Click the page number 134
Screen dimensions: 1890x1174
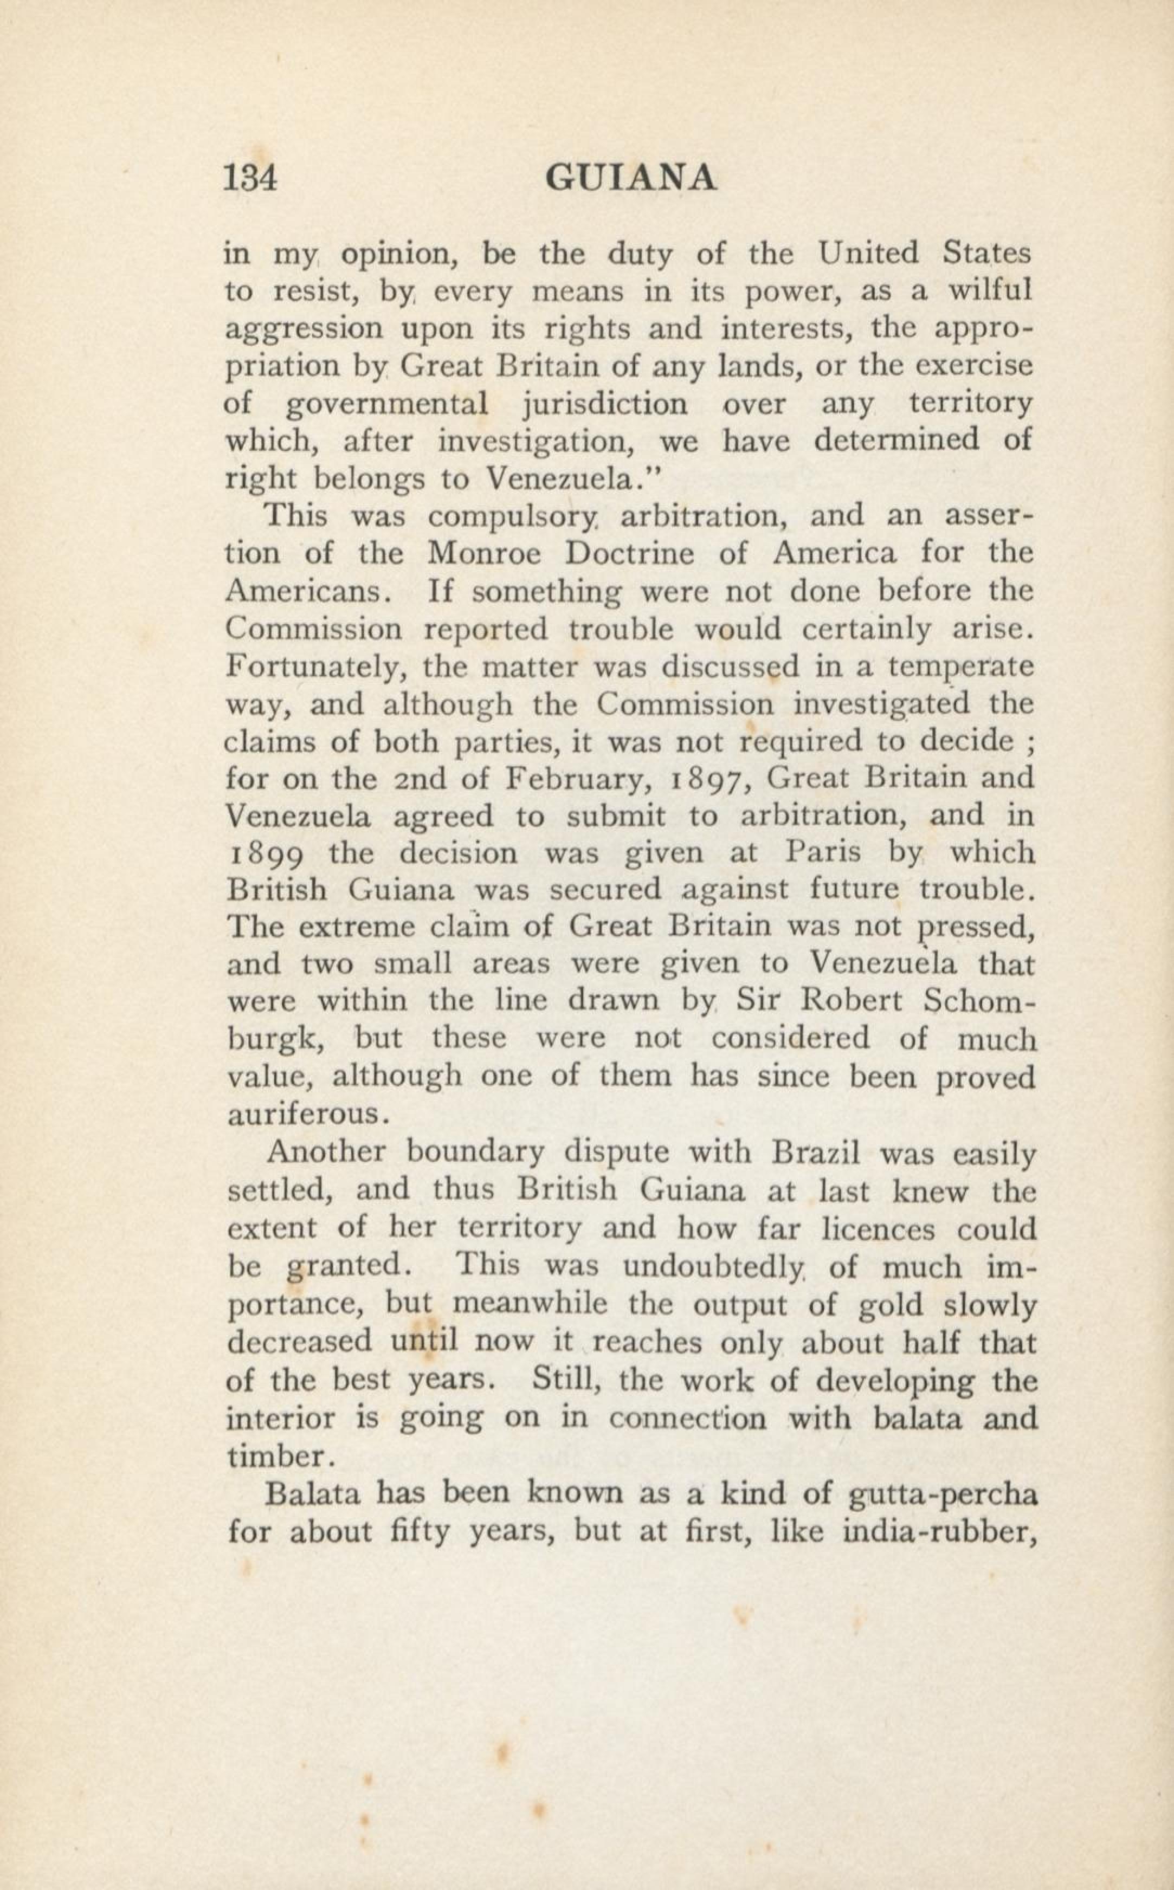pos(250,178)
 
